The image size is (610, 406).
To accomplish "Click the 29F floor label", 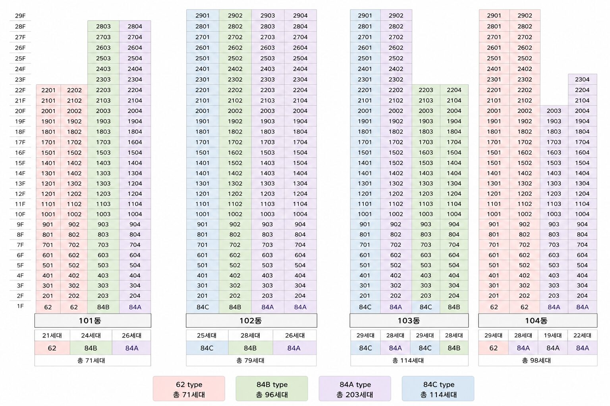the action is [20, 16].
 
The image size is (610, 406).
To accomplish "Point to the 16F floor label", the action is [20, 153].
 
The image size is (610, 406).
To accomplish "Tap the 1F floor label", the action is [20, 306].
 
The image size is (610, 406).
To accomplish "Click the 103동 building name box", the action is [409, 321].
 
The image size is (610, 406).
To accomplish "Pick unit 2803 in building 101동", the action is [103, 27].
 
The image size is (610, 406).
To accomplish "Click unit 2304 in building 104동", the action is [582, 79].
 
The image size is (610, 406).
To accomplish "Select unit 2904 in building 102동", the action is [300, 15].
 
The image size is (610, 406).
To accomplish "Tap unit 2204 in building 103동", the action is [454, 90].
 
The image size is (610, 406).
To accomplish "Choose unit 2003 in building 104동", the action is [554, 111].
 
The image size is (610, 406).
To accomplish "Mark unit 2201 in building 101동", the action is [48, 90].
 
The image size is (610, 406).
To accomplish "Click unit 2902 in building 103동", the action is [396, 15].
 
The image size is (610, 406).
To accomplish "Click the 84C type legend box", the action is [438, 389].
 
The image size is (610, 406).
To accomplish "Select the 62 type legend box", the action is [189, 389].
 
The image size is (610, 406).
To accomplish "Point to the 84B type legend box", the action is [272, 389].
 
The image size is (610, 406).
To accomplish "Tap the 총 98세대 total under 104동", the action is [536, 360].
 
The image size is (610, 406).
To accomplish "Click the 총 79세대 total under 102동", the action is [250, 360].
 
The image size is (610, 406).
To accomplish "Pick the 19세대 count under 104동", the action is [553, 335].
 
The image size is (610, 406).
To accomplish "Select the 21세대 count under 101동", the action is [52, 335].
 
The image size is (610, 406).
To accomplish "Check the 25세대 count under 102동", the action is [207, 335].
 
